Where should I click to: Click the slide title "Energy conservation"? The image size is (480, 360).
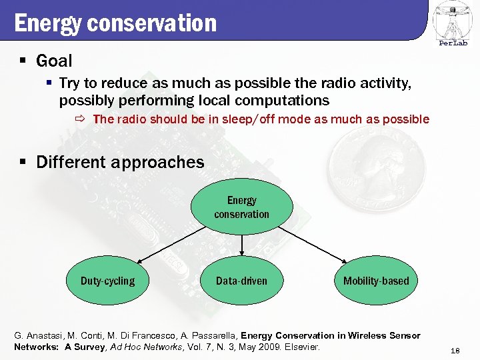click(115, 23)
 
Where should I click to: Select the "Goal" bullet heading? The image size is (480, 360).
click(53, 61)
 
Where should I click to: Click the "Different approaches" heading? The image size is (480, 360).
click(120, 162)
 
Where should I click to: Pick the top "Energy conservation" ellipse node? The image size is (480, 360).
click(241, 207)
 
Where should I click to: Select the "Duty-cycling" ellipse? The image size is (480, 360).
click(107, 281)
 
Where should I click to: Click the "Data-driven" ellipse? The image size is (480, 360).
click(241, 281)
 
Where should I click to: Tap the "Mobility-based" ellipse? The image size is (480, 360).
click(376, 281)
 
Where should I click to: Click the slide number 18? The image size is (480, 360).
click(456, 351)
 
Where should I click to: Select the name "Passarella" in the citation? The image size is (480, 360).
click(210, 335)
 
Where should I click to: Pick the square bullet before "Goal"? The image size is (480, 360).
click(23, 61)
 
